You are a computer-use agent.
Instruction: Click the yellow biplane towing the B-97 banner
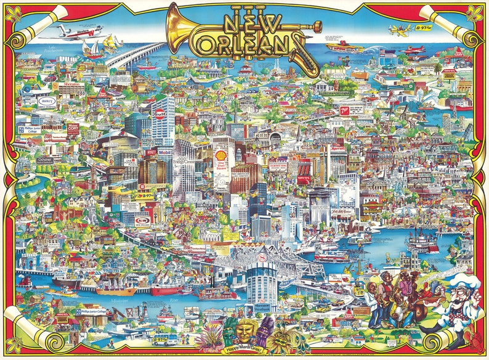pyautogui.click(x=398, y=29)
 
